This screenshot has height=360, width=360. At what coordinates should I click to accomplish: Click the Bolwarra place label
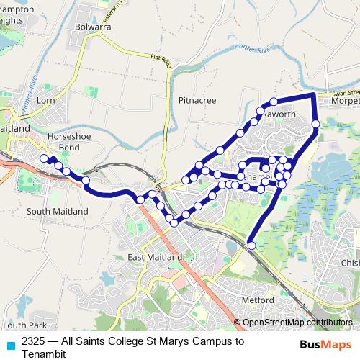coord(91,27)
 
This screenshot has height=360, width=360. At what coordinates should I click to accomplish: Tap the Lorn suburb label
coord(45,101)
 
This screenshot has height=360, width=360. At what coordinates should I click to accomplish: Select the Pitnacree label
coord(197,101)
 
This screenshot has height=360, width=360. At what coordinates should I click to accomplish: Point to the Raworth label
coord(279,114)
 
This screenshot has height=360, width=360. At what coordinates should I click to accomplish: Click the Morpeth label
coord(346,102)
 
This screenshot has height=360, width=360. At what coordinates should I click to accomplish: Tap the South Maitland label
coord(57,211)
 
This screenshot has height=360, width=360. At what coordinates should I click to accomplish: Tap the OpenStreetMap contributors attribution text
coord(297,323)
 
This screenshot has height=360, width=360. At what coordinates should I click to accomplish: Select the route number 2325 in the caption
coord(35,341)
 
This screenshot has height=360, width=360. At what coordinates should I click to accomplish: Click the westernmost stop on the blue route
coord(45,158)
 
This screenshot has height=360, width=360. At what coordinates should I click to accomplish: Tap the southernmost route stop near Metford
coord(251,246)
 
